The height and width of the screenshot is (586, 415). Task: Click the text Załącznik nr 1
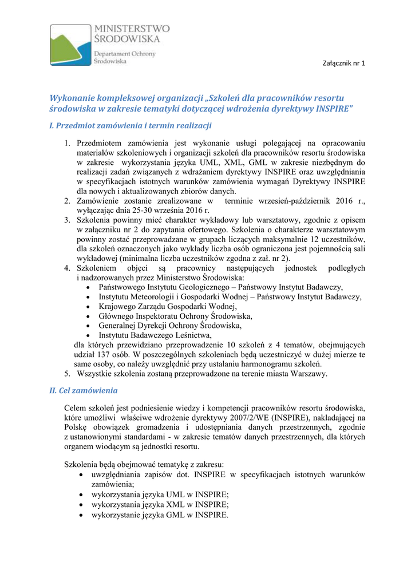pos(343,63)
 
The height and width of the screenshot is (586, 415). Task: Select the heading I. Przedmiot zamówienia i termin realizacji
pos(131,124)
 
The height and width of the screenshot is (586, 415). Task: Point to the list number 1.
pos(66,142)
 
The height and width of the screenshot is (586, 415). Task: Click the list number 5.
pos(66,374)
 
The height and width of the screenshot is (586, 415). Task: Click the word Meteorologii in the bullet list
pos(155,296)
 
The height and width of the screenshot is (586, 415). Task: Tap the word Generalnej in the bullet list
pos(118,326)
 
